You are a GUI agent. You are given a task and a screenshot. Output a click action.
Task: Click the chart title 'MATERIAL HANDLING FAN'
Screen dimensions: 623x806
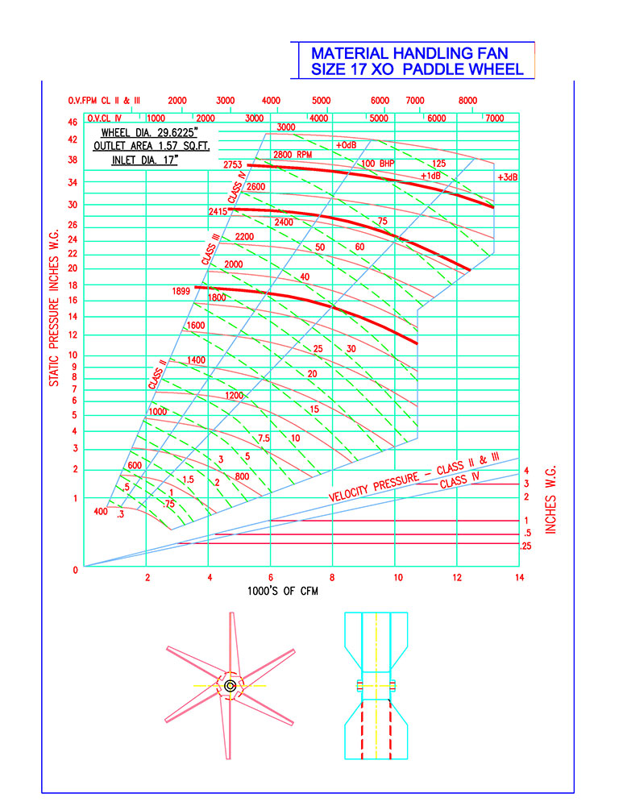click(x=409, y=53)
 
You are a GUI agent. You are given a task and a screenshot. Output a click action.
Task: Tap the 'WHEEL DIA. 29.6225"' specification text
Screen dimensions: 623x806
click(x=149, y=133)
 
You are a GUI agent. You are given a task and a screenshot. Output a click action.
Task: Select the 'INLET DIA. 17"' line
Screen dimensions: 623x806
click(x=144, y=160)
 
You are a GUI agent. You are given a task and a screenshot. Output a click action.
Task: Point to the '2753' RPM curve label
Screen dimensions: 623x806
click(x=232, y=165)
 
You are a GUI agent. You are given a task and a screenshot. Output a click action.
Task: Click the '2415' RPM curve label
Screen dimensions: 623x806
click(x=218, y=211)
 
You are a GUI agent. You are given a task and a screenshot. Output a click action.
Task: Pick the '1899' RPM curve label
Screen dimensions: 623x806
click(x=181, y=292)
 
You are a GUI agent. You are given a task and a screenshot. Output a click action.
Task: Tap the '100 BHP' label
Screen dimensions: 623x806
click(x=378, y=164)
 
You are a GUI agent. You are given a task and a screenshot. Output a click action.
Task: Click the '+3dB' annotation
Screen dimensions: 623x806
click(x=507, y=177)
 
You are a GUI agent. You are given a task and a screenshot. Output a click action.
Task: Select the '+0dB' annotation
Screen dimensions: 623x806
click(x=346, y=145)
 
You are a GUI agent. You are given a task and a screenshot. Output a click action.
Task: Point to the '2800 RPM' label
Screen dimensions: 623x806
click(x=293, y=154)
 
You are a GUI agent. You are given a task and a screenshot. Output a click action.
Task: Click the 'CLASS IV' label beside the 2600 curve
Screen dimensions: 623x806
click(x=235, y=185)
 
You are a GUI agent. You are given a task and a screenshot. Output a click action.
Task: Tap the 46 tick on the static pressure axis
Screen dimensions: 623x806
click(x=73, y=123)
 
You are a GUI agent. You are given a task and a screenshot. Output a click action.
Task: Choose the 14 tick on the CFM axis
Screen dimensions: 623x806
click(x=520, y=577)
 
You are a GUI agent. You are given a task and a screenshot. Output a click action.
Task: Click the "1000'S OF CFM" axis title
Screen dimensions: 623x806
click(x=283, y=591)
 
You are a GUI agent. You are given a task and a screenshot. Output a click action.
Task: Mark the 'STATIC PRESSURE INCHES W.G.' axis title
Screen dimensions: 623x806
click(x=54, y=308)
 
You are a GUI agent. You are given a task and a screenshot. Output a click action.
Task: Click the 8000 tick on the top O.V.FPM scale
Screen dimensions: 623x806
click(x=467, y=100)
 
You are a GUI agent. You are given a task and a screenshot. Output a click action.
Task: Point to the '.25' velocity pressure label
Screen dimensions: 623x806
click(x=525, y=546)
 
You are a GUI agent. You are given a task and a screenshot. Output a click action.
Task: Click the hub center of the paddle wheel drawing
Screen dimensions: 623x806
click(x=230, y=686)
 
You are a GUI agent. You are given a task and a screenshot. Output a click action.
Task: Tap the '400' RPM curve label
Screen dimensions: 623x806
click(x=101, y=512)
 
